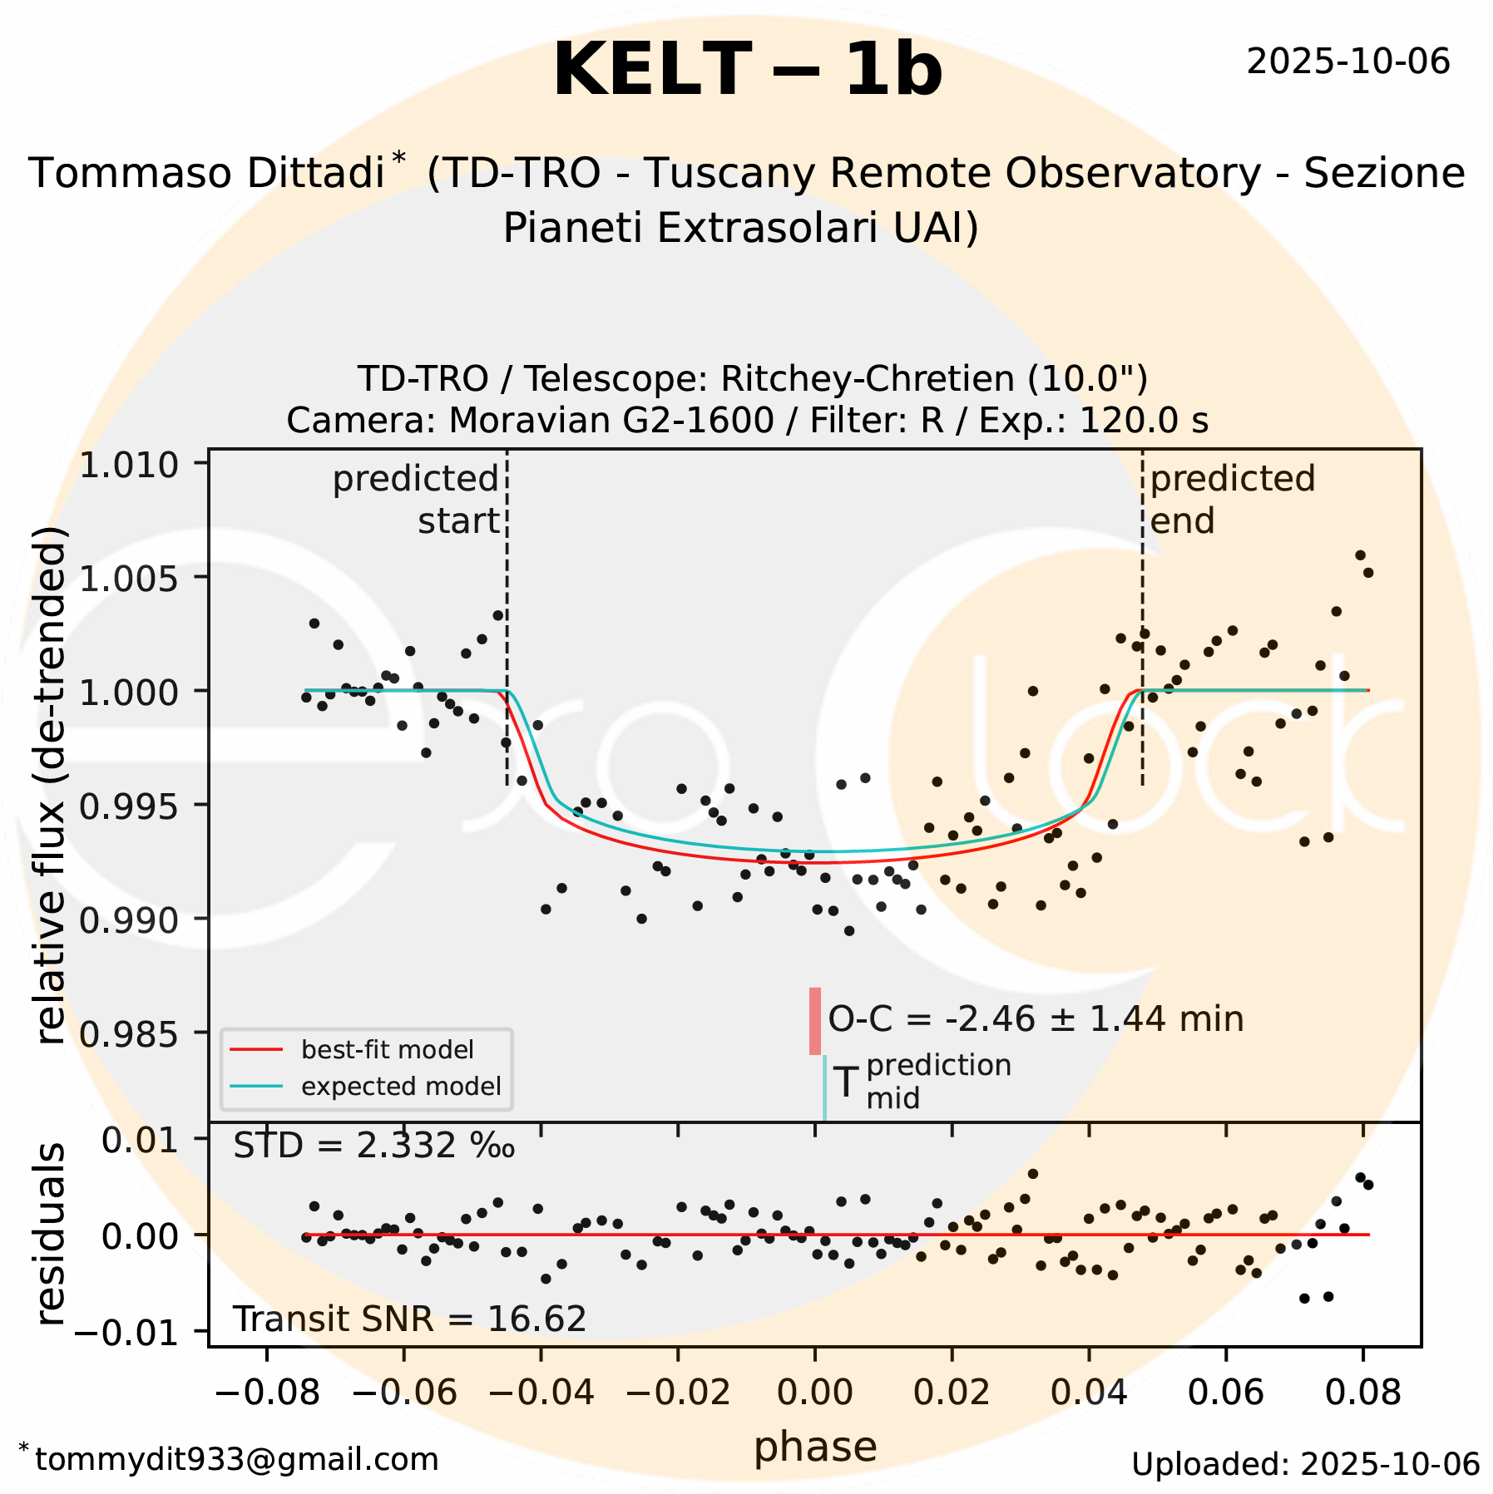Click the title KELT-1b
point(747,71)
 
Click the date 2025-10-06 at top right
point(1347,62)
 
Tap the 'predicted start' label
point(416,500)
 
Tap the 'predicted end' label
point(1232,500)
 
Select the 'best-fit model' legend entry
point(387,1050)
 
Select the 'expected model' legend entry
point(401,1087)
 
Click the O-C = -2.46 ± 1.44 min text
point(1036,1019)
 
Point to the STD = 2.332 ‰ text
point(373,1146)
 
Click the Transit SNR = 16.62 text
point(409,1319)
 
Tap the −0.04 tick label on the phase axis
point(541,1392)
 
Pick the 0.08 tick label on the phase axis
point(1362,1392)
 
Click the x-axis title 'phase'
point(815,1447)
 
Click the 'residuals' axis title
point(52,1234)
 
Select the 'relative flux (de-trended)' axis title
point(52,786)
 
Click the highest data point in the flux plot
point(1360,555)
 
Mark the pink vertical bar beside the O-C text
point(815,1021)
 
